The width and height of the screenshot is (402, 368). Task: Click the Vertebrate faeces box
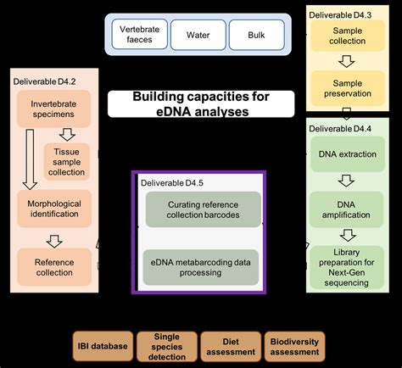pyautogui.click(x=139, y=36)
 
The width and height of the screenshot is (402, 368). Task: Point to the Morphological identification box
pyautogui.click(x=54, y=210)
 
